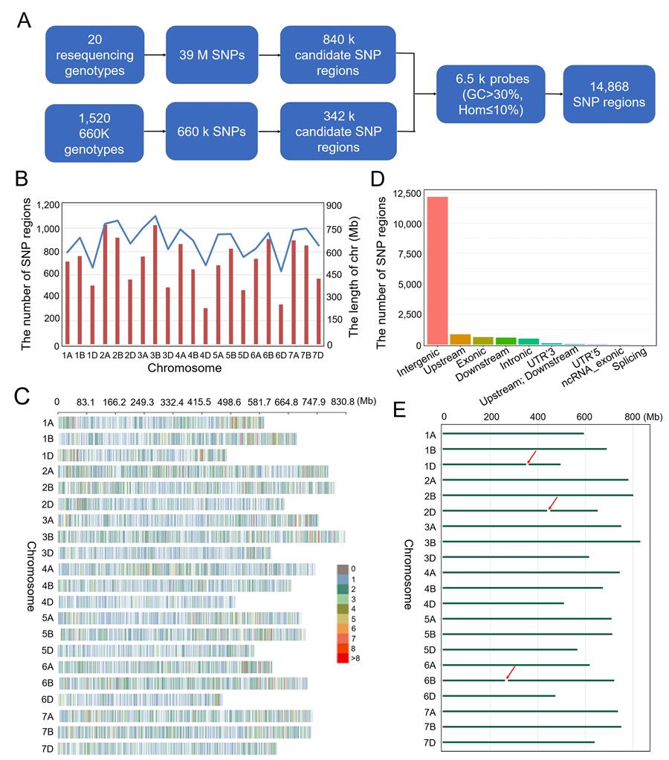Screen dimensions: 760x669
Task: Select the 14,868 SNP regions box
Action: pyautogui.click(x=609, y=94)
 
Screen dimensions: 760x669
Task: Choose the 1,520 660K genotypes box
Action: pyautogui.click(x=94, y=131)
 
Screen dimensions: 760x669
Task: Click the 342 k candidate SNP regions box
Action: pyautogui.click(x=326, y=131)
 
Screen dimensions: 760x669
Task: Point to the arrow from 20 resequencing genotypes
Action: pyautogui.click(x=155, y=54)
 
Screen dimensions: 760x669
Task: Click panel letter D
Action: pyautogui.click(x=378, y=181)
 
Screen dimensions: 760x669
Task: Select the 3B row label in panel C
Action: pyautogui.click(x=48, y=536)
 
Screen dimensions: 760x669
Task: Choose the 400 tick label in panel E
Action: pyautogui.click(x=537, y=417)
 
